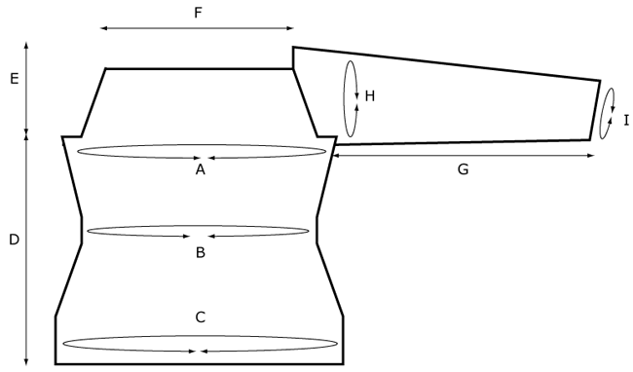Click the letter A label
201,169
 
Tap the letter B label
201,252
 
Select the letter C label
201,316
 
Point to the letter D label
14,240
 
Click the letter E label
14,79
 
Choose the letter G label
464,169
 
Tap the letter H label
369,95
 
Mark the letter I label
625,120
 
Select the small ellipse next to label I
609,114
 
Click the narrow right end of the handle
595,110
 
